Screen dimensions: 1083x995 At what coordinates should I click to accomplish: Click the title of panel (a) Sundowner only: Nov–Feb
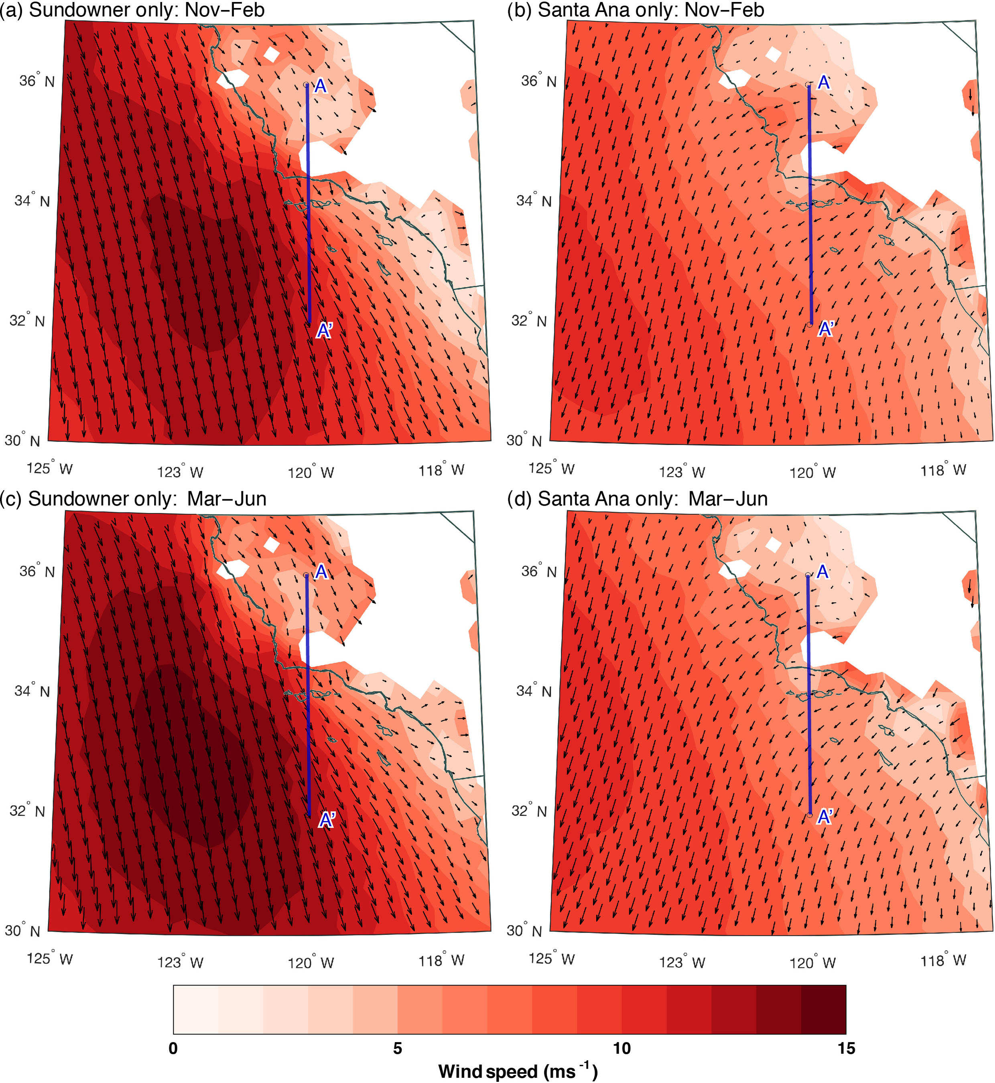(x=132, y=10)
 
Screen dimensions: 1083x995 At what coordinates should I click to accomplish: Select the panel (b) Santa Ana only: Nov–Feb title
(x=636, y=10)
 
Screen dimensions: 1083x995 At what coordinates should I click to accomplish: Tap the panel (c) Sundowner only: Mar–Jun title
(x=133, y=499)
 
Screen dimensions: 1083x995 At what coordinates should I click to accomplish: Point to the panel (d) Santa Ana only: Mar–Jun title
(x=637, y=499)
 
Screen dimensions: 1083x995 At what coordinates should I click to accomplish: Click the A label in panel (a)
(x=320, y=85)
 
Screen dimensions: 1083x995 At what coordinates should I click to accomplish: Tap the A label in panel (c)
(x=321, y=571)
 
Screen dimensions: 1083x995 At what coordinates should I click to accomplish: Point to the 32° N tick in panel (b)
(x=529, y=321)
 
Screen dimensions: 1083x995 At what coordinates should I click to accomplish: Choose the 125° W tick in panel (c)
(x=49, y=959)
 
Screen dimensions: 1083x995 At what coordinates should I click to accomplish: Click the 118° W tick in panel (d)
(x=943, y=960)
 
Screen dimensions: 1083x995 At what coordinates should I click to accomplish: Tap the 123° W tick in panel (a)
(x=180, y=472)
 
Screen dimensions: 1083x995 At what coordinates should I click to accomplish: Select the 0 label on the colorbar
(x=173, y=1048)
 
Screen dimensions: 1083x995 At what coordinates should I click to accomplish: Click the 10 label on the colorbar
(x=621, y=1048)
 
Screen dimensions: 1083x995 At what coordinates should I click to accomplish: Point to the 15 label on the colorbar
(x=846, y=1048)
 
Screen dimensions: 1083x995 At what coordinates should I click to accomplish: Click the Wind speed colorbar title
(x=518, y=1071)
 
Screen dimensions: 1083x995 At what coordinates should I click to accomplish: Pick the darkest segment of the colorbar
(x=823, y=1009)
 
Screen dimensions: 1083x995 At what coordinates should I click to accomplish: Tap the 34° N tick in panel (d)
(x=534, y=691)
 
